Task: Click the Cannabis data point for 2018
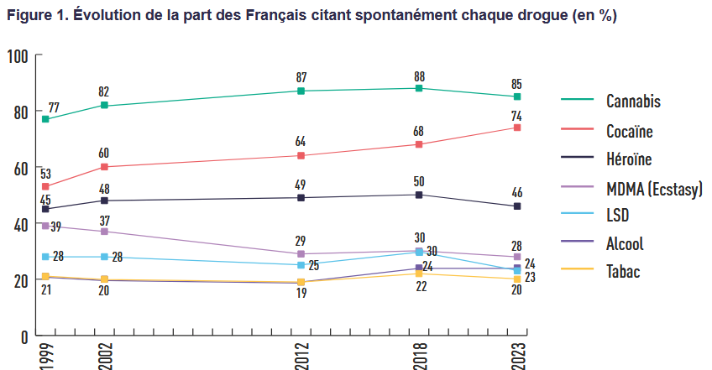(419, 88)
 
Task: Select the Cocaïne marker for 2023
(517, 128)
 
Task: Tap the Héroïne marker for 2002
(103, 201)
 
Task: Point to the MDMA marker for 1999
(44, 226)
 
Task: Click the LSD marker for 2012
(301, 265)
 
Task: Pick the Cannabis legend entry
(633, 102)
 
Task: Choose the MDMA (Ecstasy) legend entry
(653, 187)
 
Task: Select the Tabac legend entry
(623, 272)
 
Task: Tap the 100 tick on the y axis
(18, 55)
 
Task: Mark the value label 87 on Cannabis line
(301, 77)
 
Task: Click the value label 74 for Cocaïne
(517, 116)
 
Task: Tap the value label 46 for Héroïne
(517, 193)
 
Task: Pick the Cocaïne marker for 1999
(44, 186)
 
